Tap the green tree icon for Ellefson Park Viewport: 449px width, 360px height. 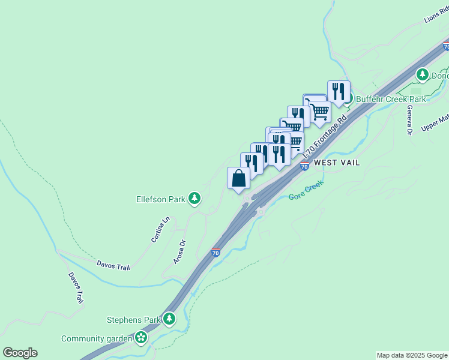click(194, 197)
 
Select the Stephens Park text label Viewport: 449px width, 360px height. click(134, 319)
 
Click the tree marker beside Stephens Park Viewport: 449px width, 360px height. click(169, 319)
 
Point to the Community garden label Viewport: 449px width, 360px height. click(97, 338)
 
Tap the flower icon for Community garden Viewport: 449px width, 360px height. click(141, 338)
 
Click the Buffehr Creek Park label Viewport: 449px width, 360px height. click(391, 99)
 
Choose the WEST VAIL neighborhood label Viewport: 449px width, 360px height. click(337, 163)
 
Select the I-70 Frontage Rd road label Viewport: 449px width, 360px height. click(327, 135)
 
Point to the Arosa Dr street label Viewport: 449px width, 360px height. click(179, 252)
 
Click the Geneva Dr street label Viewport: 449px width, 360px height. click(409, 120)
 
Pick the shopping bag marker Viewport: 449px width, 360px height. click(238, 178)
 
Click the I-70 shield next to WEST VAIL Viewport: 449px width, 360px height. click(304, 164)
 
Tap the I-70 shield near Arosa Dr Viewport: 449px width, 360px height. click(215, 253)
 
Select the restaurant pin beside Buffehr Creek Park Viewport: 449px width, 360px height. click(339, 92)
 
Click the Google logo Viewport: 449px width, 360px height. click(20, 353)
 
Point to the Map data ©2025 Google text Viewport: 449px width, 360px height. click(412, 355)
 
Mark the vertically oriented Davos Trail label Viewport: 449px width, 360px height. click(76, 288)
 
